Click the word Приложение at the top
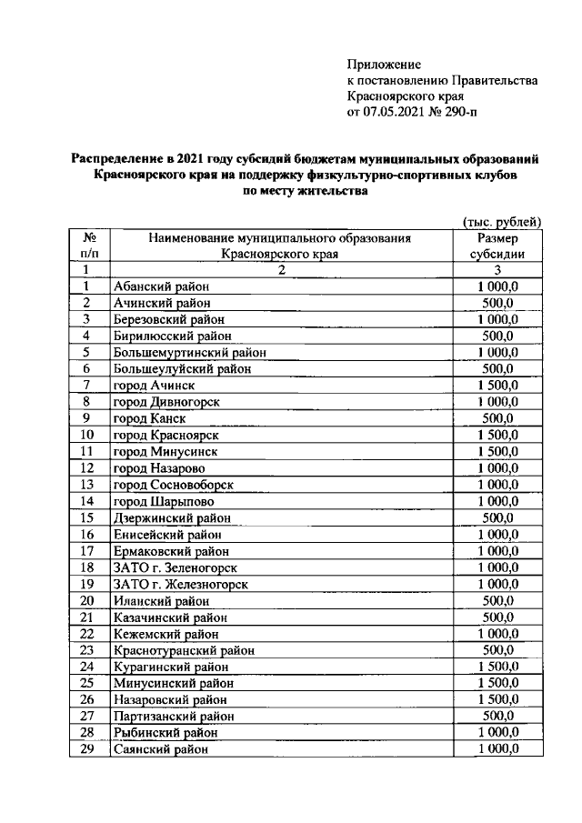point(385,64)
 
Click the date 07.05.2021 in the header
point(394,113)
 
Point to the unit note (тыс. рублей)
point(502,222)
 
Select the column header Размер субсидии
point(498,246)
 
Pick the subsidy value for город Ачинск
point(498,386)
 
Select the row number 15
point(87,518)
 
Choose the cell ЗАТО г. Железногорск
point(181,584)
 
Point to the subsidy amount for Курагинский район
point(498,667)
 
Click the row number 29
point(87,749)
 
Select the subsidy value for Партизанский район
point(498,716)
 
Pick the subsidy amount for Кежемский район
point(498,633)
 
